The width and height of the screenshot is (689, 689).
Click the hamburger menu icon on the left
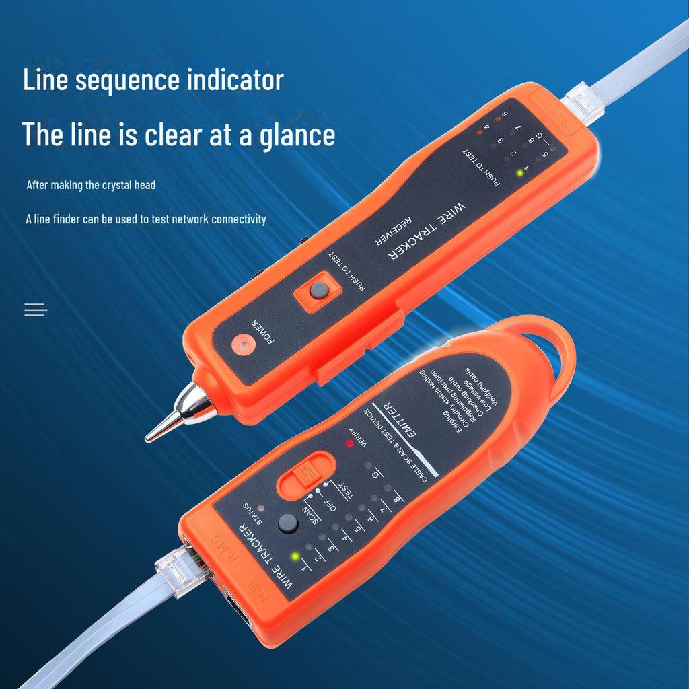pos(36,310)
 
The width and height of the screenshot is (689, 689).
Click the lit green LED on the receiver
pos(519,172)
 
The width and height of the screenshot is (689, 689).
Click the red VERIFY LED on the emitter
pos(349,443)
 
